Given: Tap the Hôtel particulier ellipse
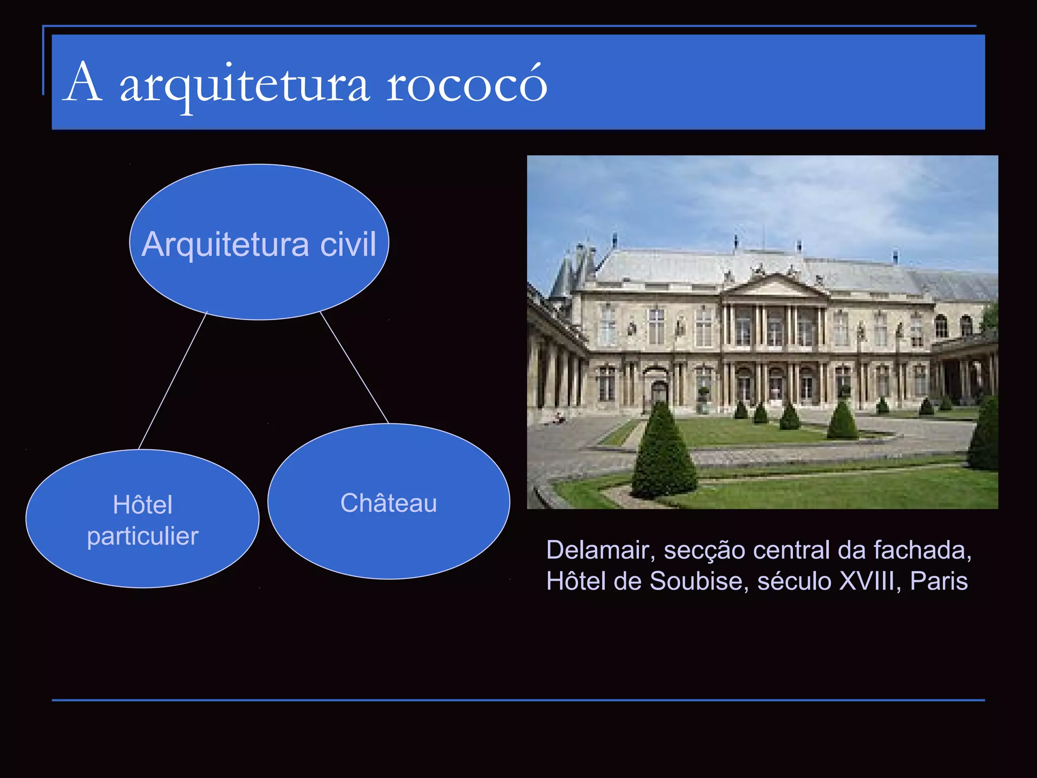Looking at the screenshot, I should click(x=142, y=557).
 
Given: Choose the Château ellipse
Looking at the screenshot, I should click(x=388, y=537).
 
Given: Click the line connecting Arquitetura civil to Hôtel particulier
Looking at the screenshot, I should click(x=173, y=380).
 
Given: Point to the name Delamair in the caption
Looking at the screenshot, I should click(x=597, y=551).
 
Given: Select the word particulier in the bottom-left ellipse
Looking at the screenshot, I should click(x=142, y=536).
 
